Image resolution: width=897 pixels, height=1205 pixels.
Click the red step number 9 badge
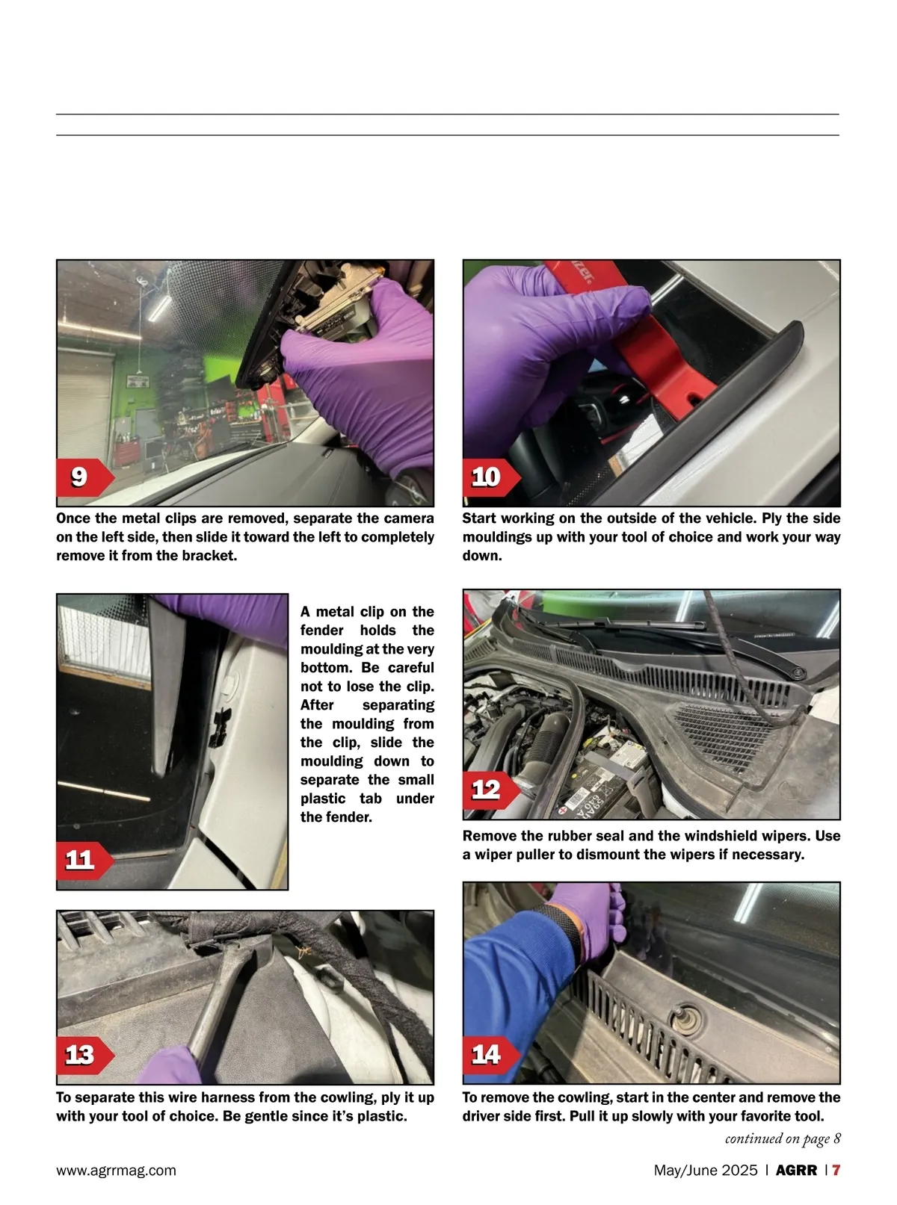pos(84,477)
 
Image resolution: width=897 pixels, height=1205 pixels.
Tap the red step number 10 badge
pos(491,477)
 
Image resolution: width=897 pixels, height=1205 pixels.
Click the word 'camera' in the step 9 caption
pos(401,518)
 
